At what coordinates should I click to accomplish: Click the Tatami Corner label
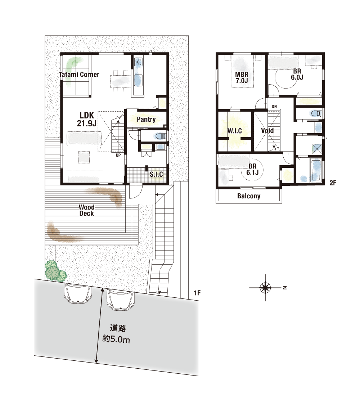(79, 75)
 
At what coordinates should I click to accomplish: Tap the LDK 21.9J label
(87, 119)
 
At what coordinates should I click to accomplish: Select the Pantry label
(146, 120)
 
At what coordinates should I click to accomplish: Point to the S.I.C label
(156, 174)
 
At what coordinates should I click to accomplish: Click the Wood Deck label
(87, 210)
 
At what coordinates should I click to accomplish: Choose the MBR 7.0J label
(242, 77)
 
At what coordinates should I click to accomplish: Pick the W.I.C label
(234, 131)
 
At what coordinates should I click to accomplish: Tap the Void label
(267, 130)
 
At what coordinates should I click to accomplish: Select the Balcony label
(249, 196)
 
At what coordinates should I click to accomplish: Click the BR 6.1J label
(252, 169)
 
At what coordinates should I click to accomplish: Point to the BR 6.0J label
(297, 74)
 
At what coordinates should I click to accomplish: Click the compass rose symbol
(265, 288)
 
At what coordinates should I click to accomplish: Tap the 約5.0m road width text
(116, 339)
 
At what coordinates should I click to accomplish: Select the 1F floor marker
(197, 293)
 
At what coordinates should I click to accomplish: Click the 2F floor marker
(333, 183)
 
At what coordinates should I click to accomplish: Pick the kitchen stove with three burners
(138, 62)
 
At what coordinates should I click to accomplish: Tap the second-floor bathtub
(316, 170)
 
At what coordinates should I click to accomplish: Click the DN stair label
(274, 107)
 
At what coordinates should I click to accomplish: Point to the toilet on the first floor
(160, 136)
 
